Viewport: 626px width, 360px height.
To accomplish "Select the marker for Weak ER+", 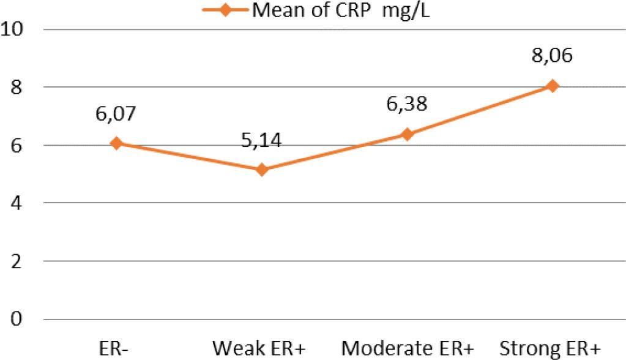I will point(261,170).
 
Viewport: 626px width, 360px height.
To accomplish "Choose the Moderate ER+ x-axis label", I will point(407,348).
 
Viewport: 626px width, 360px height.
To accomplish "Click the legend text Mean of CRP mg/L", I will point(341,10).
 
